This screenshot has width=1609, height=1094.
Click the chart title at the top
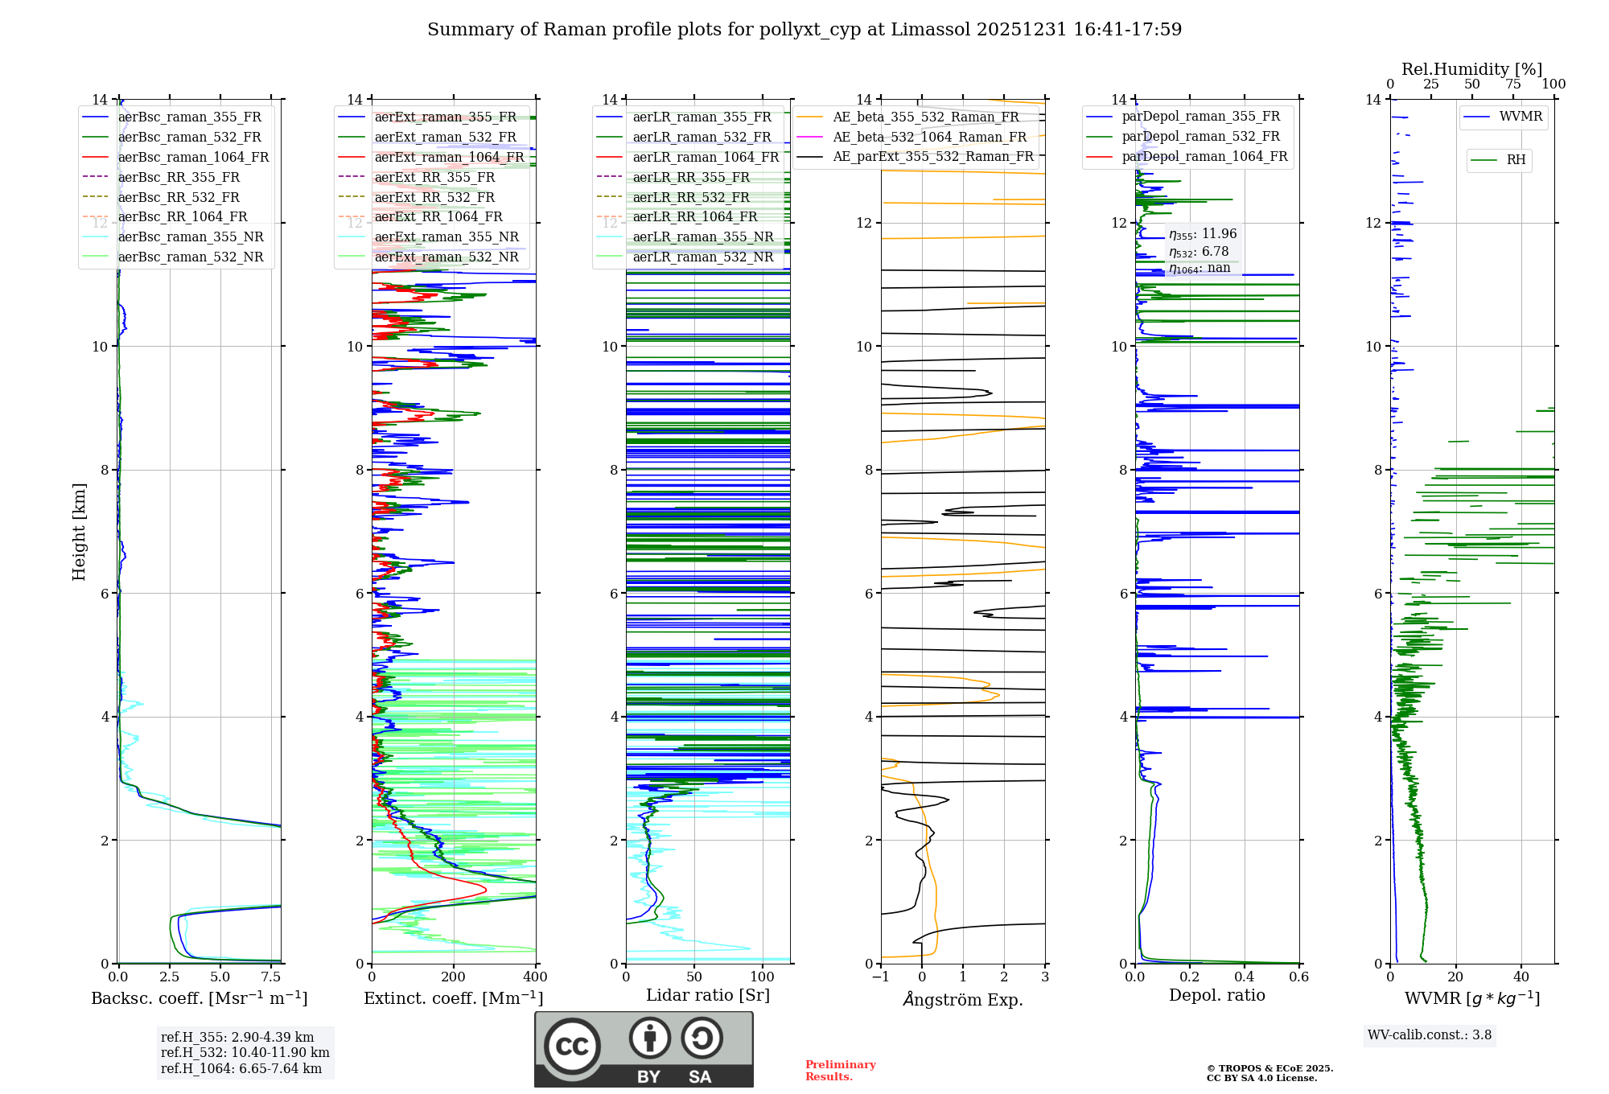[x=804, y=30]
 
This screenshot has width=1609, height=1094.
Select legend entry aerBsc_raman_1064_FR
[x=193, y=158]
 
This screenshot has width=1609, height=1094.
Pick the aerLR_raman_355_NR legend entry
[x=702, y=237]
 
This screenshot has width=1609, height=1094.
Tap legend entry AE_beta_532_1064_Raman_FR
[x=929, y=138]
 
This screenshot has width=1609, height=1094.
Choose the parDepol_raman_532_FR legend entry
[x=1200, y=137]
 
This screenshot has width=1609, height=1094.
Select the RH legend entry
[x=1516, y=160]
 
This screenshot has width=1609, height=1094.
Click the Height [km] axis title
[x=79, y=531]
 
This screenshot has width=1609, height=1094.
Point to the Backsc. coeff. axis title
[x=200, y=998]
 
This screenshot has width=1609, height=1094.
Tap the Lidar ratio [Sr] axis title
[x=708, y=995]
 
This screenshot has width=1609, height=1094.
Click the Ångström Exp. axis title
[x=963, y=1000]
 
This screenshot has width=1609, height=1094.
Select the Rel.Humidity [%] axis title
[x=1471, y=69]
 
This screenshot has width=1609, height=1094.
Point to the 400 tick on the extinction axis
[x=535, y=977]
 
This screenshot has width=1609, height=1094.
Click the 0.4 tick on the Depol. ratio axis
[x=1245, y=977]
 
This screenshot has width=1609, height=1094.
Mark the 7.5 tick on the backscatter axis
[x=271, y=977]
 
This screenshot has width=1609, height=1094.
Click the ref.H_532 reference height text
[x=245, y=1052]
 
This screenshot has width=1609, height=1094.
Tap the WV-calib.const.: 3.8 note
[x=1430, y=1035]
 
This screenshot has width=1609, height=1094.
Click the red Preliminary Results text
[x=840, y=1071]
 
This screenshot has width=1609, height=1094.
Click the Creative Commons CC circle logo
[x=572, y=1047]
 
